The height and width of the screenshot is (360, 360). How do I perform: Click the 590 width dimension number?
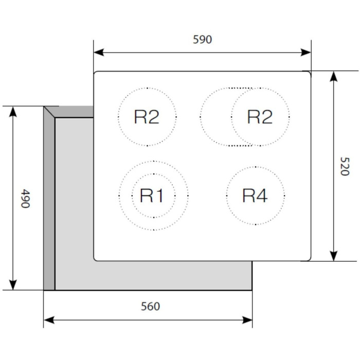click(202, 40)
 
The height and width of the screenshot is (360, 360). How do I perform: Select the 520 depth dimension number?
click(344, 166)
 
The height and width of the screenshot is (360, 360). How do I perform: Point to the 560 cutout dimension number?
click(150, 307)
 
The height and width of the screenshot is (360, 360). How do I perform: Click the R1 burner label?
click(152, 196)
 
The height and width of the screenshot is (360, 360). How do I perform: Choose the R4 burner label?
click(255, 195)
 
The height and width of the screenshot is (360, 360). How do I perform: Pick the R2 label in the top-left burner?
click(147, 117)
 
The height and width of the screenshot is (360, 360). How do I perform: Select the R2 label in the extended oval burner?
click(259, 117)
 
